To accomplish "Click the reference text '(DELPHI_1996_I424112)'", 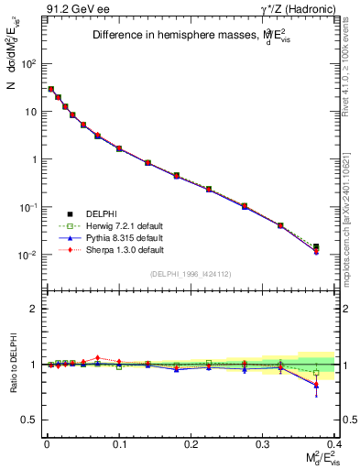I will pyautogui.click(x=191, y=273).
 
